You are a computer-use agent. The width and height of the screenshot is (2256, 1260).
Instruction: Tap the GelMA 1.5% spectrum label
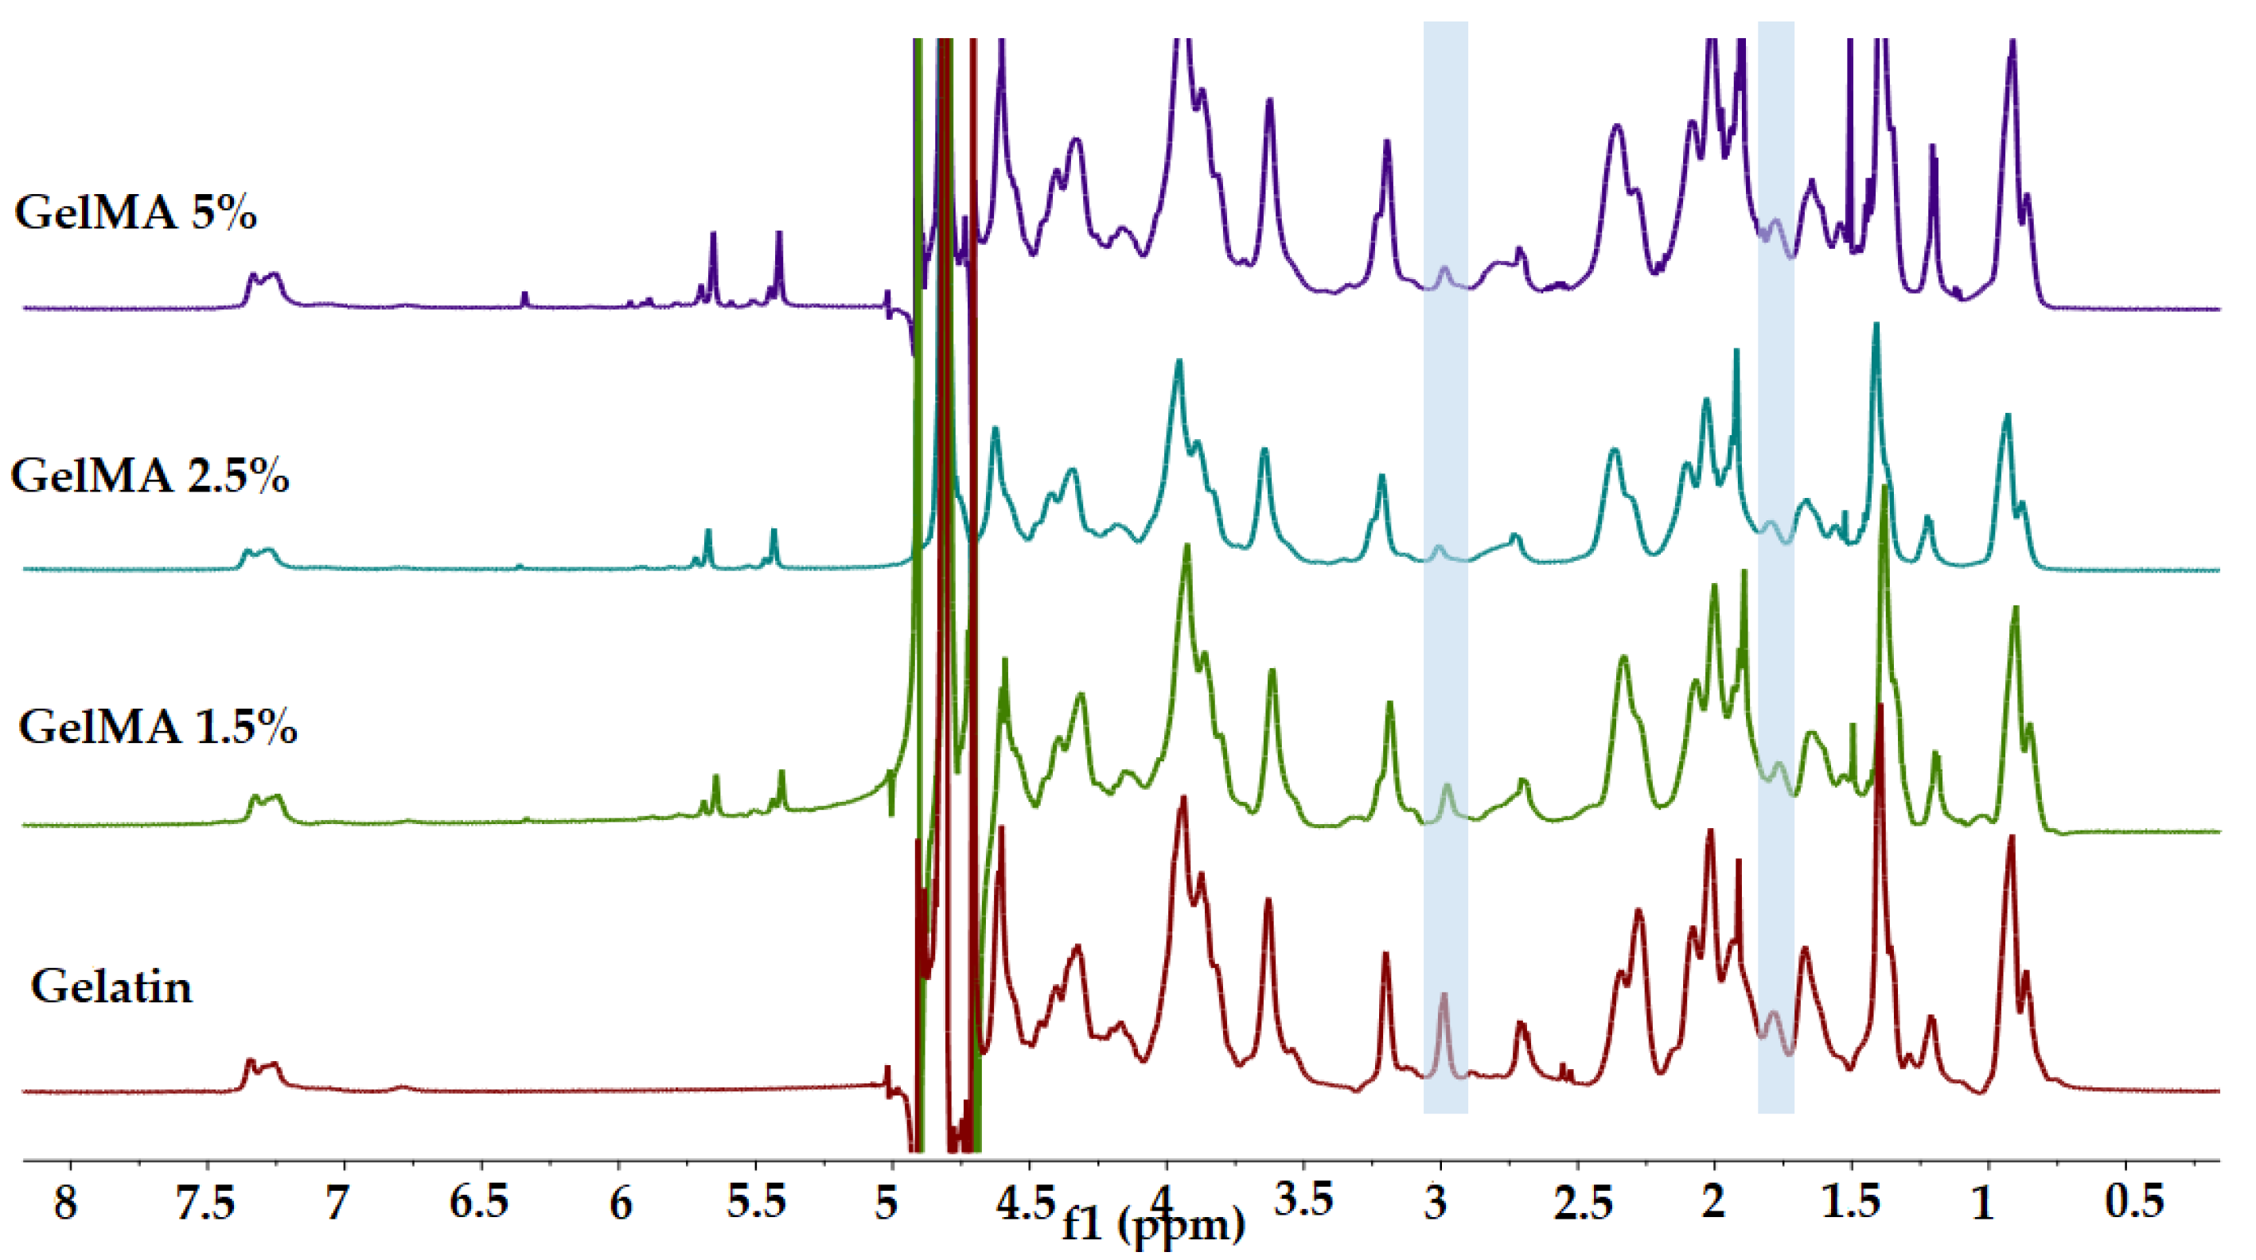tap(158, 727)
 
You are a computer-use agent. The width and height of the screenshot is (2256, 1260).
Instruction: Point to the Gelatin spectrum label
tap(111, 987)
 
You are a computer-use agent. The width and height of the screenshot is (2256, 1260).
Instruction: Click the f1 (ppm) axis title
tap(1153, 1223)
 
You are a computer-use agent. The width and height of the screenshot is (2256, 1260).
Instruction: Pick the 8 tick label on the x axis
tap(66, 1202)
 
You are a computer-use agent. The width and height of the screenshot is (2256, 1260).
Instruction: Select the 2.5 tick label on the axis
tap(1584, 1202)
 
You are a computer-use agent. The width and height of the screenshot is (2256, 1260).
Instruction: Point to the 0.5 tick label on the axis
tap(2133, 1202)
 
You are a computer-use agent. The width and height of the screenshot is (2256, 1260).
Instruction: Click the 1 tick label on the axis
tap(1983, 1202)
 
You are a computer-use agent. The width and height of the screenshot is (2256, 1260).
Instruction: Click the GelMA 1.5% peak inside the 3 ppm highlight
tap(1447, 788)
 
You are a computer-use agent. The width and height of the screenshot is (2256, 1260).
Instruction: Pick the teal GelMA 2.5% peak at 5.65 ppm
tap(707, 532)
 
